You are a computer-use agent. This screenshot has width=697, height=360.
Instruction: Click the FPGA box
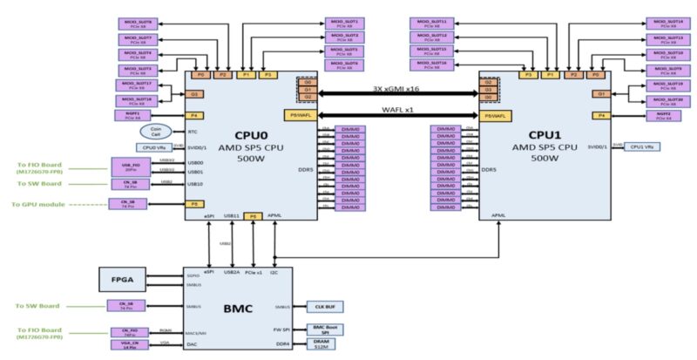point(123,280)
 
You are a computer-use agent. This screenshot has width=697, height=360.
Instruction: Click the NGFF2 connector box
point(664,114)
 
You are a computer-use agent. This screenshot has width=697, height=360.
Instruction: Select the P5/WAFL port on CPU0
point(296,115)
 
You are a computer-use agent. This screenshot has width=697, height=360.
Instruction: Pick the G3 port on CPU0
point(196,94)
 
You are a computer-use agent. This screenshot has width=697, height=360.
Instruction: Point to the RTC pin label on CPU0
point(193,132)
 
